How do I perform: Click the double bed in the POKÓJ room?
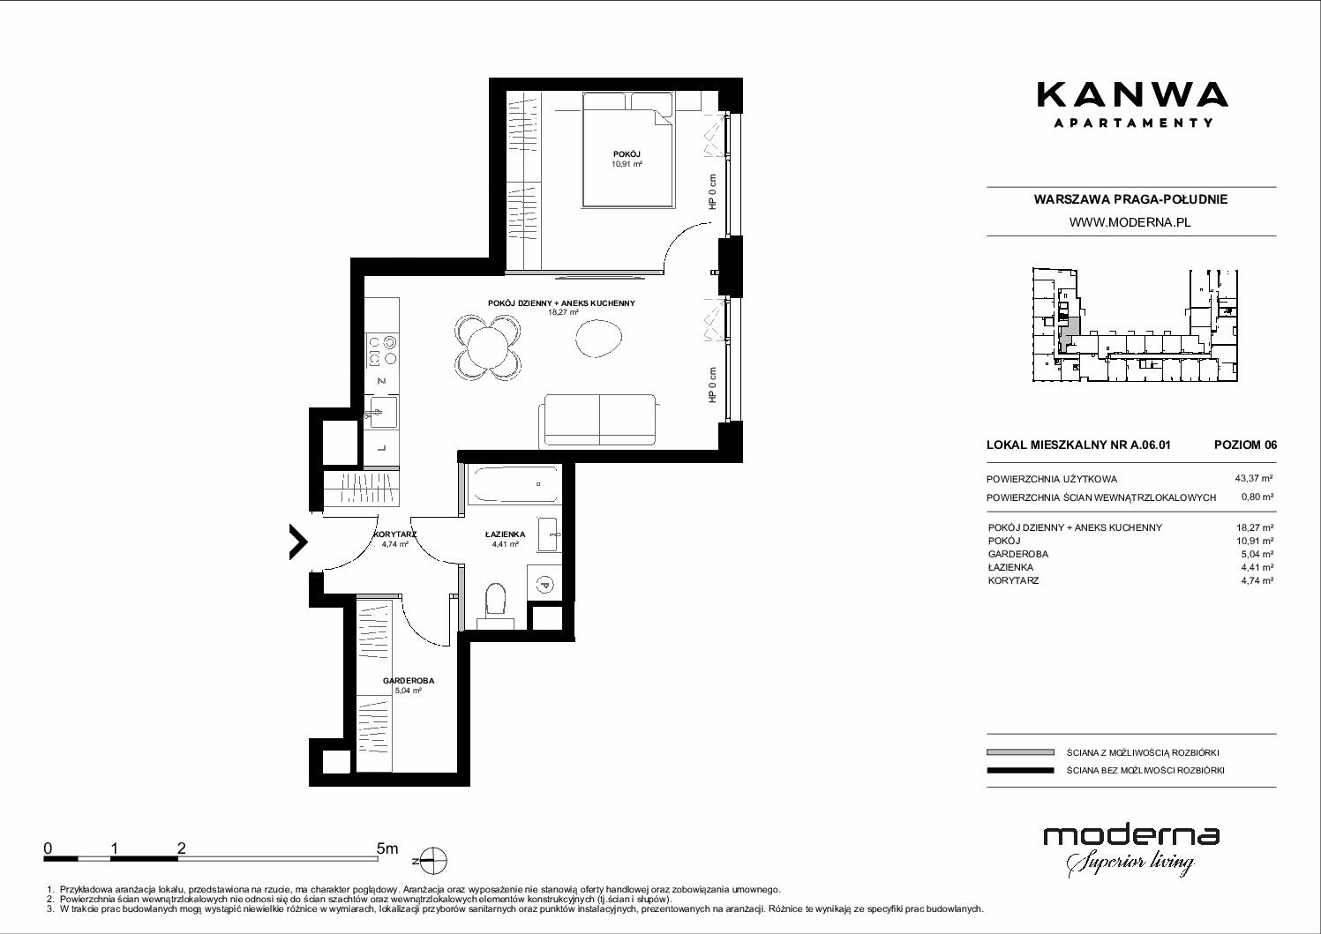pyautogui.click(x=627, y=149)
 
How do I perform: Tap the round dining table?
pyautogui.click(x=487, y=347)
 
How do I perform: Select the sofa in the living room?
pyautogui.click(x=600, y=420)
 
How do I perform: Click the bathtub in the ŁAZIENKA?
pyautogui.click(x=513, y=485)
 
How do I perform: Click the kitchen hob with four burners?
pyautogui.click(x=381, y=350)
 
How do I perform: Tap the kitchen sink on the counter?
pyautogui.click(x=381, y=412)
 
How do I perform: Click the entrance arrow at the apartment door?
pyautogui.click(x=298, y=542)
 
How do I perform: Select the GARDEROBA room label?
pyautogui.click(x=409, y=681)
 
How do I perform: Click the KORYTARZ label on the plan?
pyautogui.click(x=395, y=534)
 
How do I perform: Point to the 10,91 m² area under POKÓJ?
pyautogui.click(x=627, y=164)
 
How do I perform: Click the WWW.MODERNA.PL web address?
pyautogui.click(x=1130, y=222)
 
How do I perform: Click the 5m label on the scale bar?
pyautogui.click(x=387, y=848)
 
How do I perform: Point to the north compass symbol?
pyautogui.click(x=433, y=861)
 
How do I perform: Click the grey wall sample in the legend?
pyautogui.click(x=1020, y=752)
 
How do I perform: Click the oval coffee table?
pyautogui.click(x=598, y=338)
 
